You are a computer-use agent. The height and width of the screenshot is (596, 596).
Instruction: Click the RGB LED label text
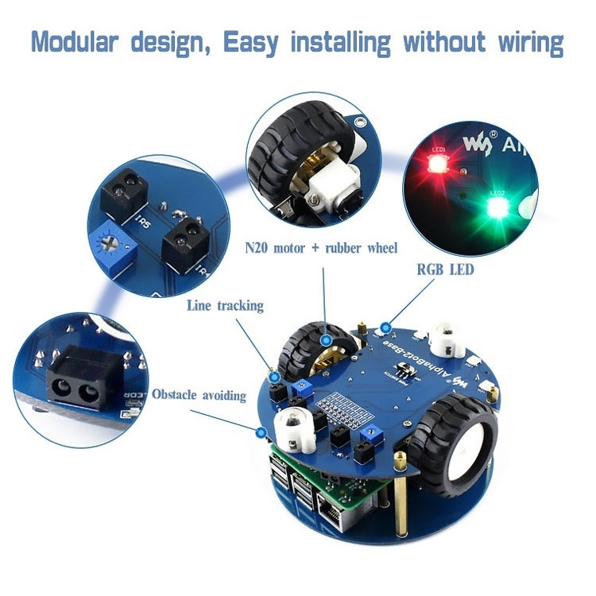pyautogui.click(x=445, y=269)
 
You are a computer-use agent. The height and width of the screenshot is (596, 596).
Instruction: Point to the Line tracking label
pyautogui.click(x=225, y=305)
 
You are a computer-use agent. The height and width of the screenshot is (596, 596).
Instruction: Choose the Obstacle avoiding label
pyautogui.click(x=199, y=394)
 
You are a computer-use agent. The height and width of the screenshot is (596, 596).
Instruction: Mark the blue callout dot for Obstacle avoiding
pyautogui.click(x=260, y=432)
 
